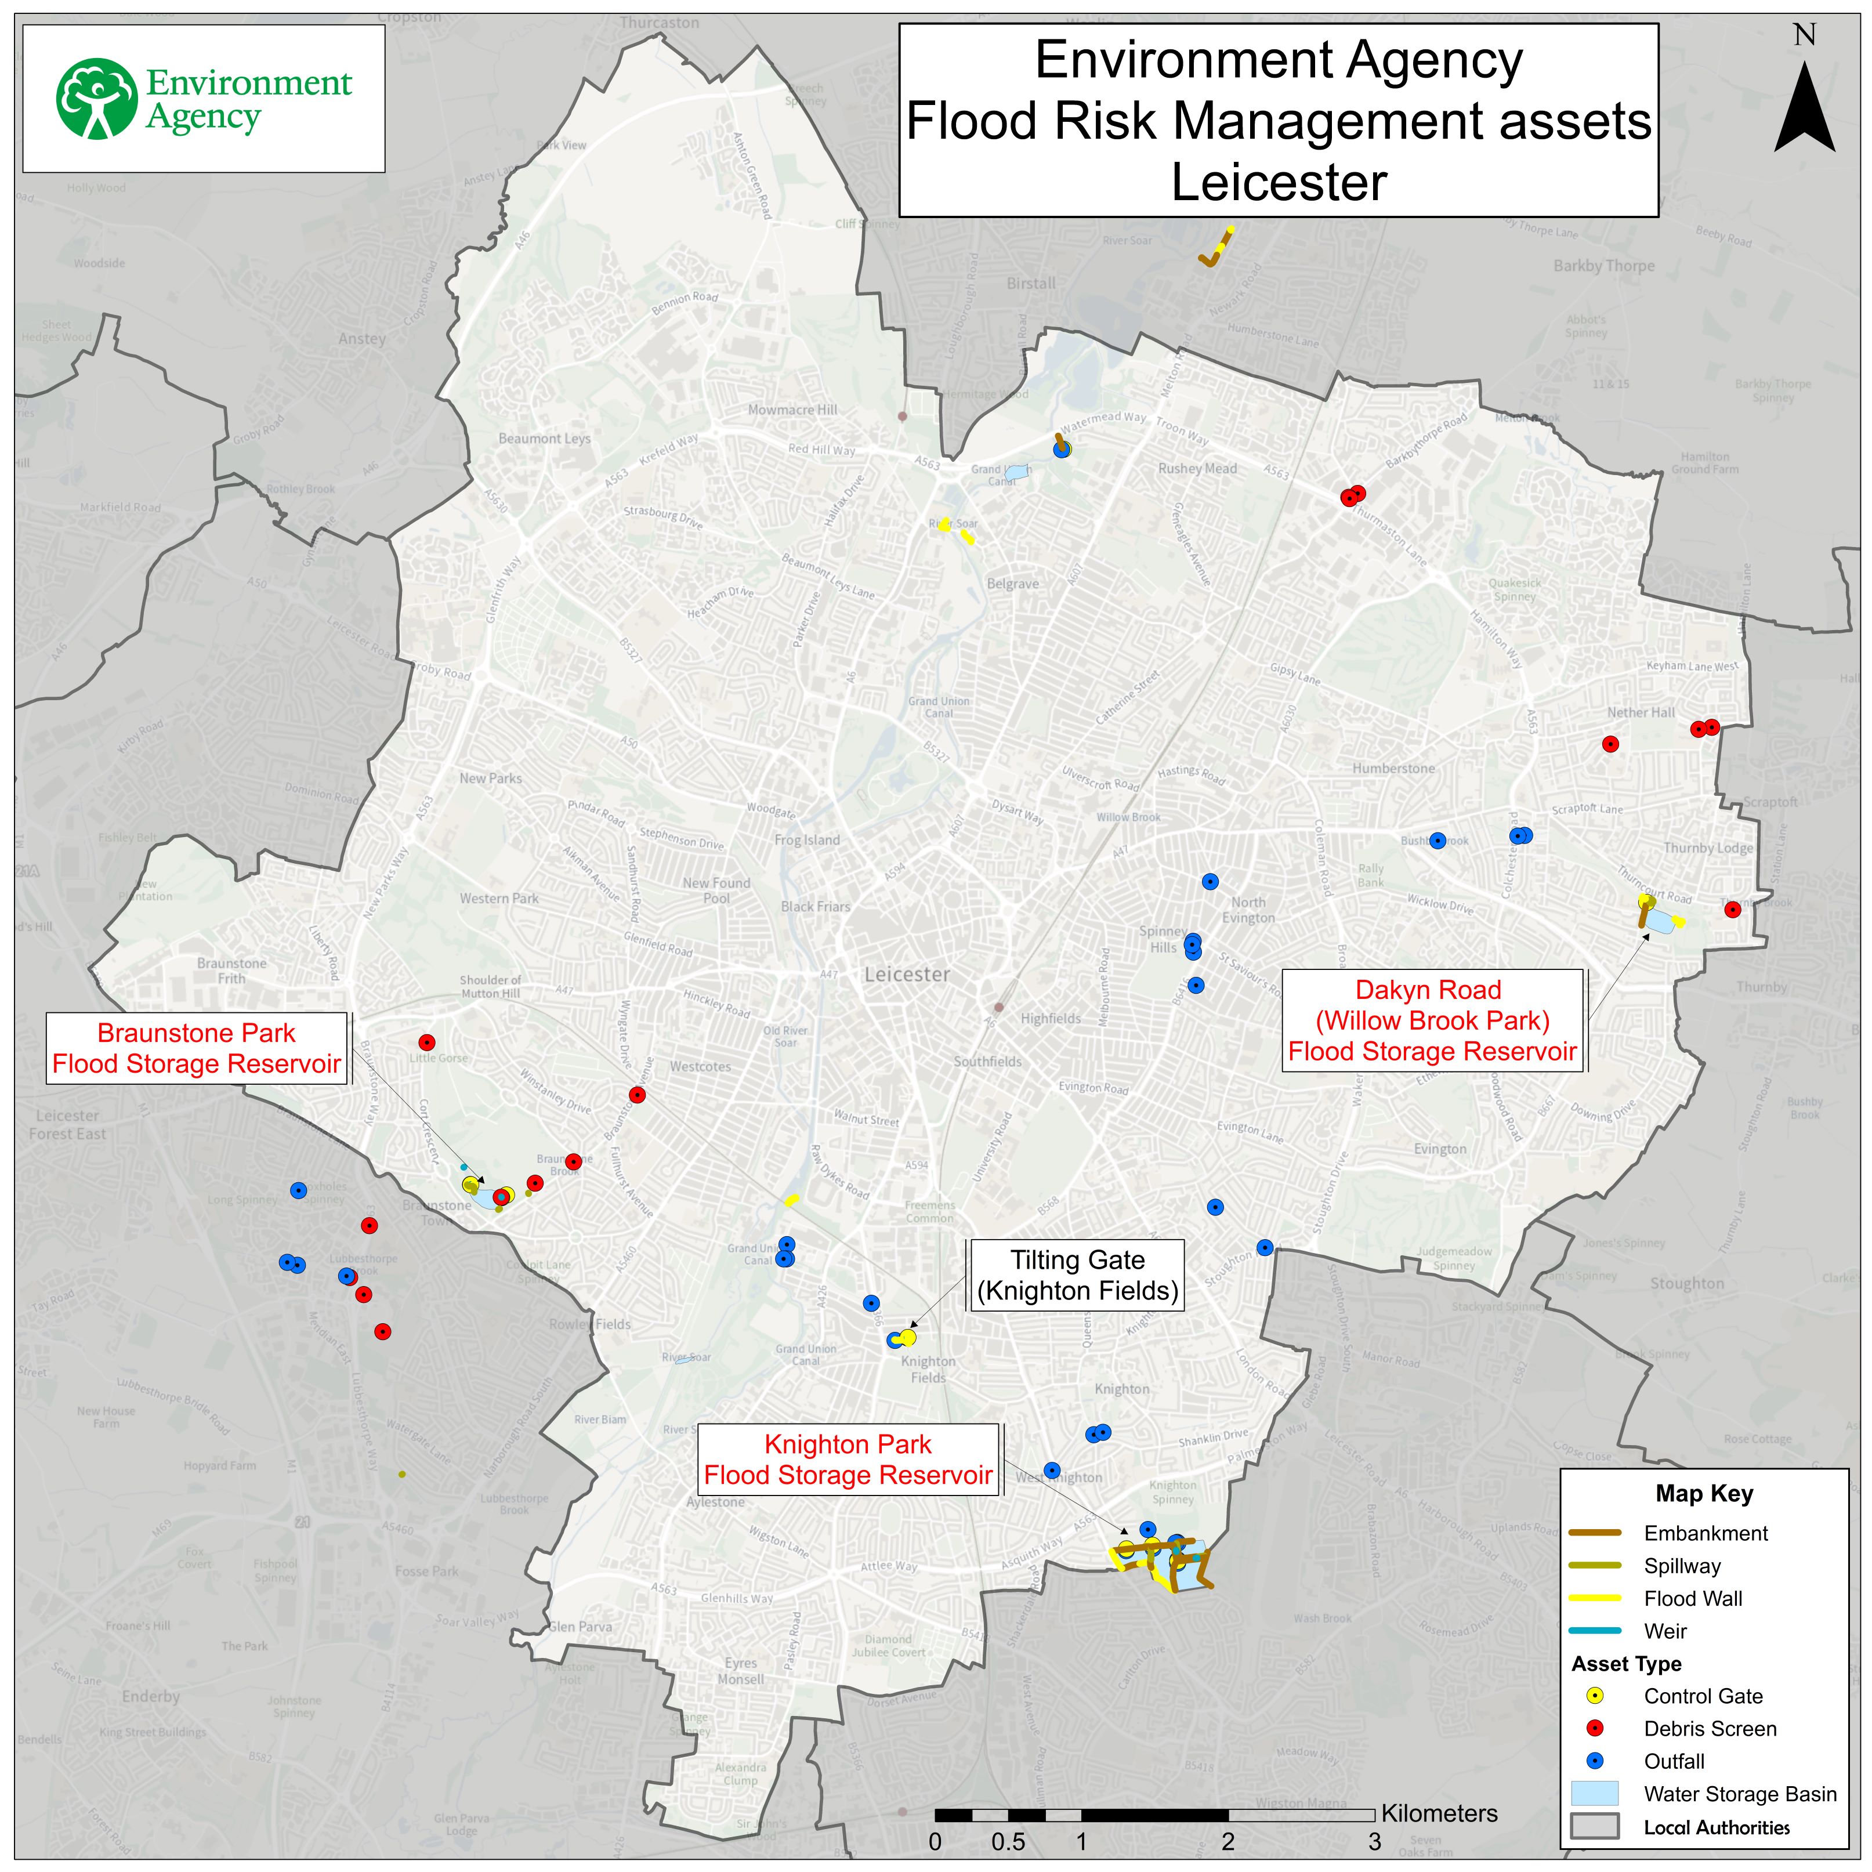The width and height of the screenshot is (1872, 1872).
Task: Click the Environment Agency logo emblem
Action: [x=97, y=99]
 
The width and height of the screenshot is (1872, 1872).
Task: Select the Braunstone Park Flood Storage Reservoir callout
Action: [x=197, y=1048]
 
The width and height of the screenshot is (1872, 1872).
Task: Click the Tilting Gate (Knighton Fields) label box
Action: [x=1077, y=1275]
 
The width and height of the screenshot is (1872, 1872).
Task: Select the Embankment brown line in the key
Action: [x=1594, y=1533]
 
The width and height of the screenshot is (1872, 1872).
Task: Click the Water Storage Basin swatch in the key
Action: [x=1594, y=1794]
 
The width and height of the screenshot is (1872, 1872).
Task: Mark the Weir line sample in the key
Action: [x=1594, y=1631]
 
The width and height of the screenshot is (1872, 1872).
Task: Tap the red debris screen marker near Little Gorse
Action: [x=426, y=1042]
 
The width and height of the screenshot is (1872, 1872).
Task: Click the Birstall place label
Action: [x=1031, y=284]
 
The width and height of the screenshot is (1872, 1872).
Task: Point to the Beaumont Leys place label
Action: [x=545, y=439]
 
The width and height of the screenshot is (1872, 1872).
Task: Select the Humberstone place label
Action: [x=1393, y=769]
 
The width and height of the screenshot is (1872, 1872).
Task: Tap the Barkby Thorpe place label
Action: [x=1603, y=266]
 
